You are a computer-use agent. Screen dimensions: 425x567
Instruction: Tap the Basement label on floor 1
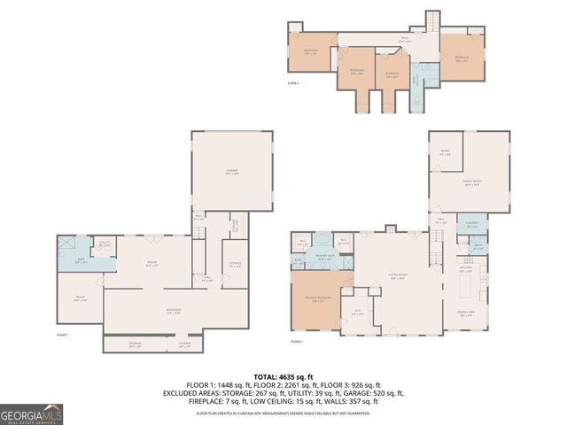[175, 310]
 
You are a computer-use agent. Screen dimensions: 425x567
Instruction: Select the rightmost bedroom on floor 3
[461, 58]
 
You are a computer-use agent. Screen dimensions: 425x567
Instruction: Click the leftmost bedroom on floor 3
[311, 52]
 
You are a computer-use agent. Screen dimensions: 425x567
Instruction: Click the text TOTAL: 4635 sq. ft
[283, 376]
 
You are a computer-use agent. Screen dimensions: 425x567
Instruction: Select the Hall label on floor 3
[406, 38]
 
